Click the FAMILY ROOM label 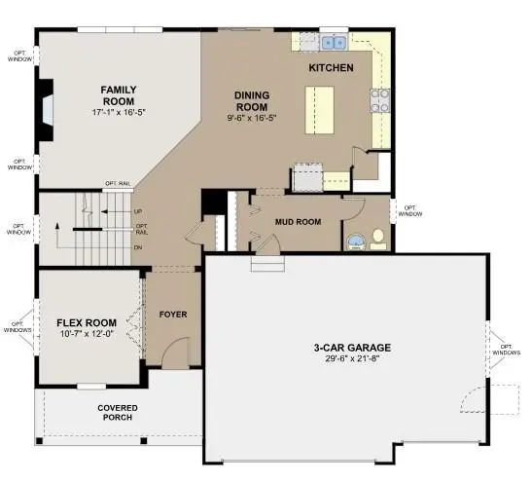[119, 95]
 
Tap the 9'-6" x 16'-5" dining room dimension [252, 118]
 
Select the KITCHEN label [331, 68]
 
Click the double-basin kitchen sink [334, 43]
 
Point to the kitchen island [319, 110]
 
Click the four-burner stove [379, 100]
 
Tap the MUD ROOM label [298, 222]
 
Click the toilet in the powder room [378, 240]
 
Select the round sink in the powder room [356, 241]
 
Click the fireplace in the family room [46, 110]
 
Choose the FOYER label [173, 315]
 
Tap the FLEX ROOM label [87, 322]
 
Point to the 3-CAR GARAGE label [352, 348]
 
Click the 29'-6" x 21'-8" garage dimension [352, 359]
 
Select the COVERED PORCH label [118, 413]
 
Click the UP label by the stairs [138, 211]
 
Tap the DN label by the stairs [138, 247]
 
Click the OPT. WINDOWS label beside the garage [506, 350]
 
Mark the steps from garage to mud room [267, 264]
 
